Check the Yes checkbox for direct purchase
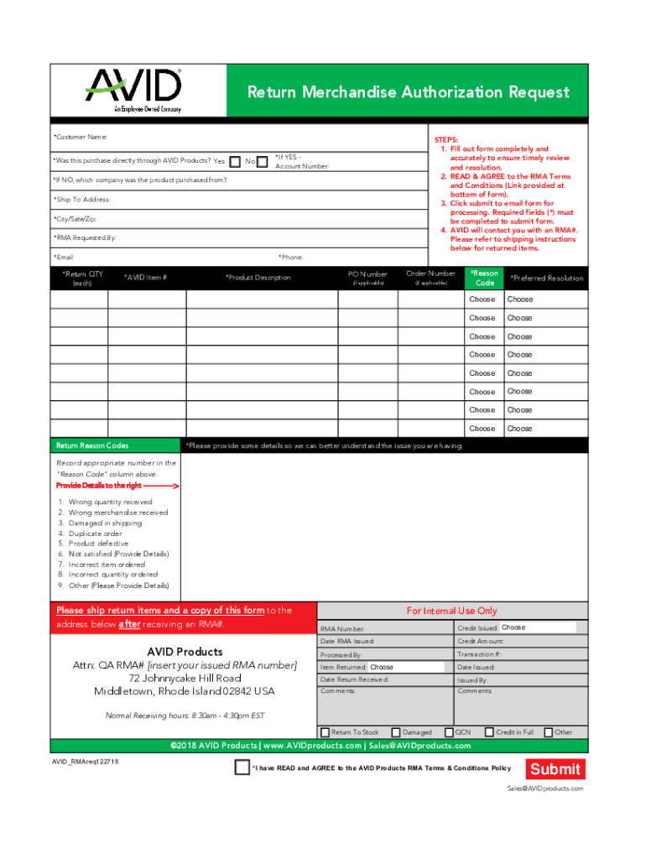(x=235, y=161)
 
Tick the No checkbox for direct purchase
(x=263, y=161)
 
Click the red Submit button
(x=555, y=769)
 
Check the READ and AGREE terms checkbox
(x=242, y=768)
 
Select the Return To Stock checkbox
(x=325, y=731)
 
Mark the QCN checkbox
(x=449, y=731)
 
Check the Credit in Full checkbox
(x=489, y=731)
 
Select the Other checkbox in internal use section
(x=549, y=731)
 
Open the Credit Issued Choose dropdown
(x=538, y=627)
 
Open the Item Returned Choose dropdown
(x=406, y=667)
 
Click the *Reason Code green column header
(x=484, y=278)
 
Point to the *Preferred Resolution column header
(x=546, y=278)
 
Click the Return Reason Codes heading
(x=92, y=445)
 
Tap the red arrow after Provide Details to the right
(x=163, y=486)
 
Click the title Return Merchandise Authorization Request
(x=408, y=92)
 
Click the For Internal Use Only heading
(x=451, y=611)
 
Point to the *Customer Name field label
(x=80, y=137)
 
